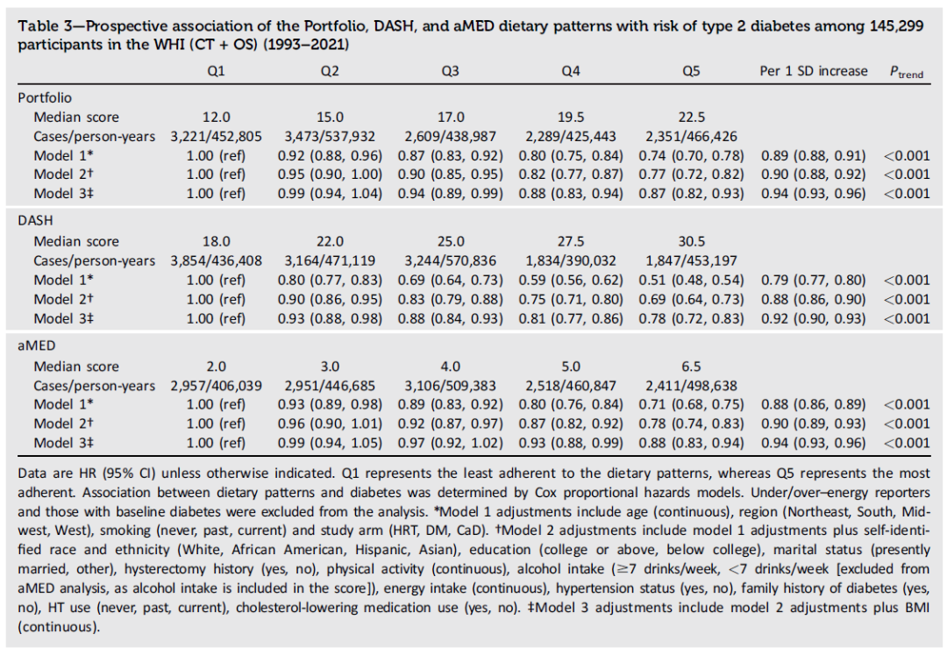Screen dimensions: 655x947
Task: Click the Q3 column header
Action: click(450, 72)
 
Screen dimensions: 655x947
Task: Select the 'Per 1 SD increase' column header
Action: click(813, 72)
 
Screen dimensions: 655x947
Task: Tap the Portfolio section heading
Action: click(45, 98)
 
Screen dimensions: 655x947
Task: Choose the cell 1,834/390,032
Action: click(571, 260)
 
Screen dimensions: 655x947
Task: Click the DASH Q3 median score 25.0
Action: click(450, 242)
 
